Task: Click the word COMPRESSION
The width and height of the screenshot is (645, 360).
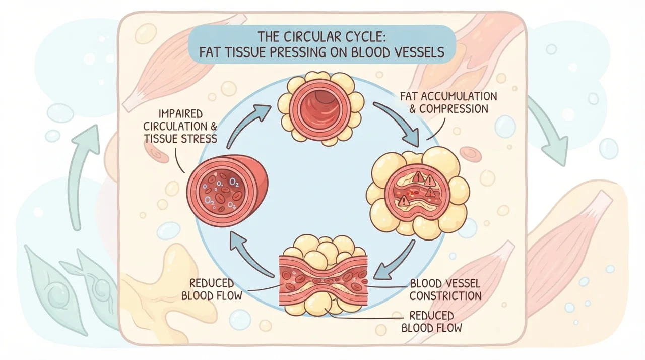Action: pyautogui.click(x=454, y=109)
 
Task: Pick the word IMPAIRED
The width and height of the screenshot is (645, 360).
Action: pyautogui.click(x=180, y=114)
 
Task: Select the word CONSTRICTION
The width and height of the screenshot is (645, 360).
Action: pyautogui.click(x=445, y=296)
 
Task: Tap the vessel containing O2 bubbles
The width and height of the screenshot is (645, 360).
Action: pyautogui.click(x=227, y=191)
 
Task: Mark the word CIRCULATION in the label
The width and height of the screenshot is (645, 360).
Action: pyautogui.click(x=175, y=127)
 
